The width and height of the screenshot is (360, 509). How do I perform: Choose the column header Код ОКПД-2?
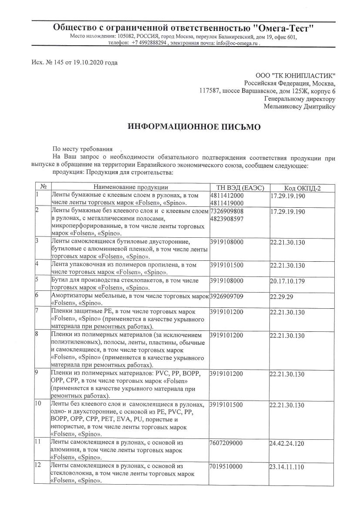point(302,188)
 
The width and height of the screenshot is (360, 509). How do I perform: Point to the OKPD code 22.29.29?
point(282,297)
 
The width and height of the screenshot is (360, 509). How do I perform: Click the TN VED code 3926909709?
point(226,296)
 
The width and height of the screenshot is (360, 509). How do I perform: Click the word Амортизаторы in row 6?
point(72,296)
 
